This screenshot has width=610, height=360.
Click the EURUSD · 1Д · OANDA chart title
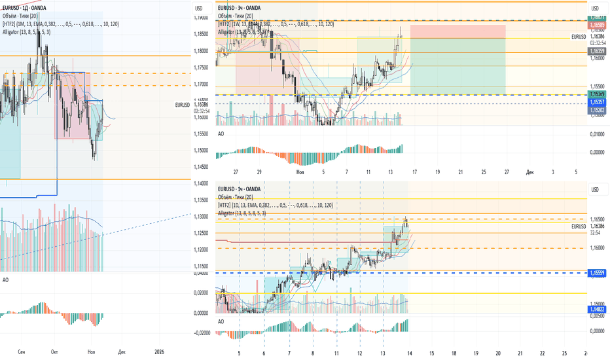tap(27, 8)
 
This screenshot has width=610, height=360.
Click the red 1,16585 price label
tap(596, 24)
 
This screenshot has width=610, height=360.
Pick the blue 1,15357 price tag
tap(596, 103)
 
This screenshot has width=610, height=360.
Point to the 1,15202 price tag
tap(596, 111)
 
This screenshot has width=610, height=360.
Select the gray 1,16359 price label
tap(596, 50)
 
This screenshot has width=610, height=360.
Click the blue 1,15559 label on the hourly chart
tap(596, 272)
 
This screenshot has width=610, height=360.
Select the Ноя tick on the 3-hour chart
tap(300, 171)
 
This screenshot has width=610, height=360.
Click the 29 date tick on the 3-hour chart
tap(259, 171)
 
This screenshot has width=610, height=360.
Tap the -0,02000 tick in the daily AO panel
tap(204, 333)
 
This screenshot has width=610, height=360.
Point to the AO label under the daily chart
tap(6, 280)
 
